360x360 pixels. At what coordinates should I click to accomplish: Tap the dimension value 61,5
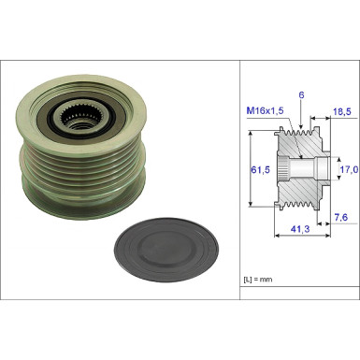[x=260, y=170]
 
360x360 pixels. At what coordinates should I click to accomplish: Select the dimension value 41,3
[x=300, y=229]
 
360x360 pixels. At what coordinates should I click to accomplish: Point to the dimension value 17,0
[x=349, y=169]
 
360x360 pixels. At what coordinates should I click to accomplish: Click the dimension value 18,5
[x=342, y=111]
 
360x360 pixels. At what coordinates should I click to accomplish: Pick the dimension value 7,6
[x=341, y=217]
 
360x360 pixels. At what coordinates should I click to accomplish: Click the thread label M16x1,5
[x=265, y=110]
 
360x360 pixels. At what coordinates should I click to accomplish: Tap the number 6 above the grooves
[x=301, y=95]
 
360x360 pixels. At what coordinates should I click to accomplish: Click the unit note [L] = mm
[x=258, y=280]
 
